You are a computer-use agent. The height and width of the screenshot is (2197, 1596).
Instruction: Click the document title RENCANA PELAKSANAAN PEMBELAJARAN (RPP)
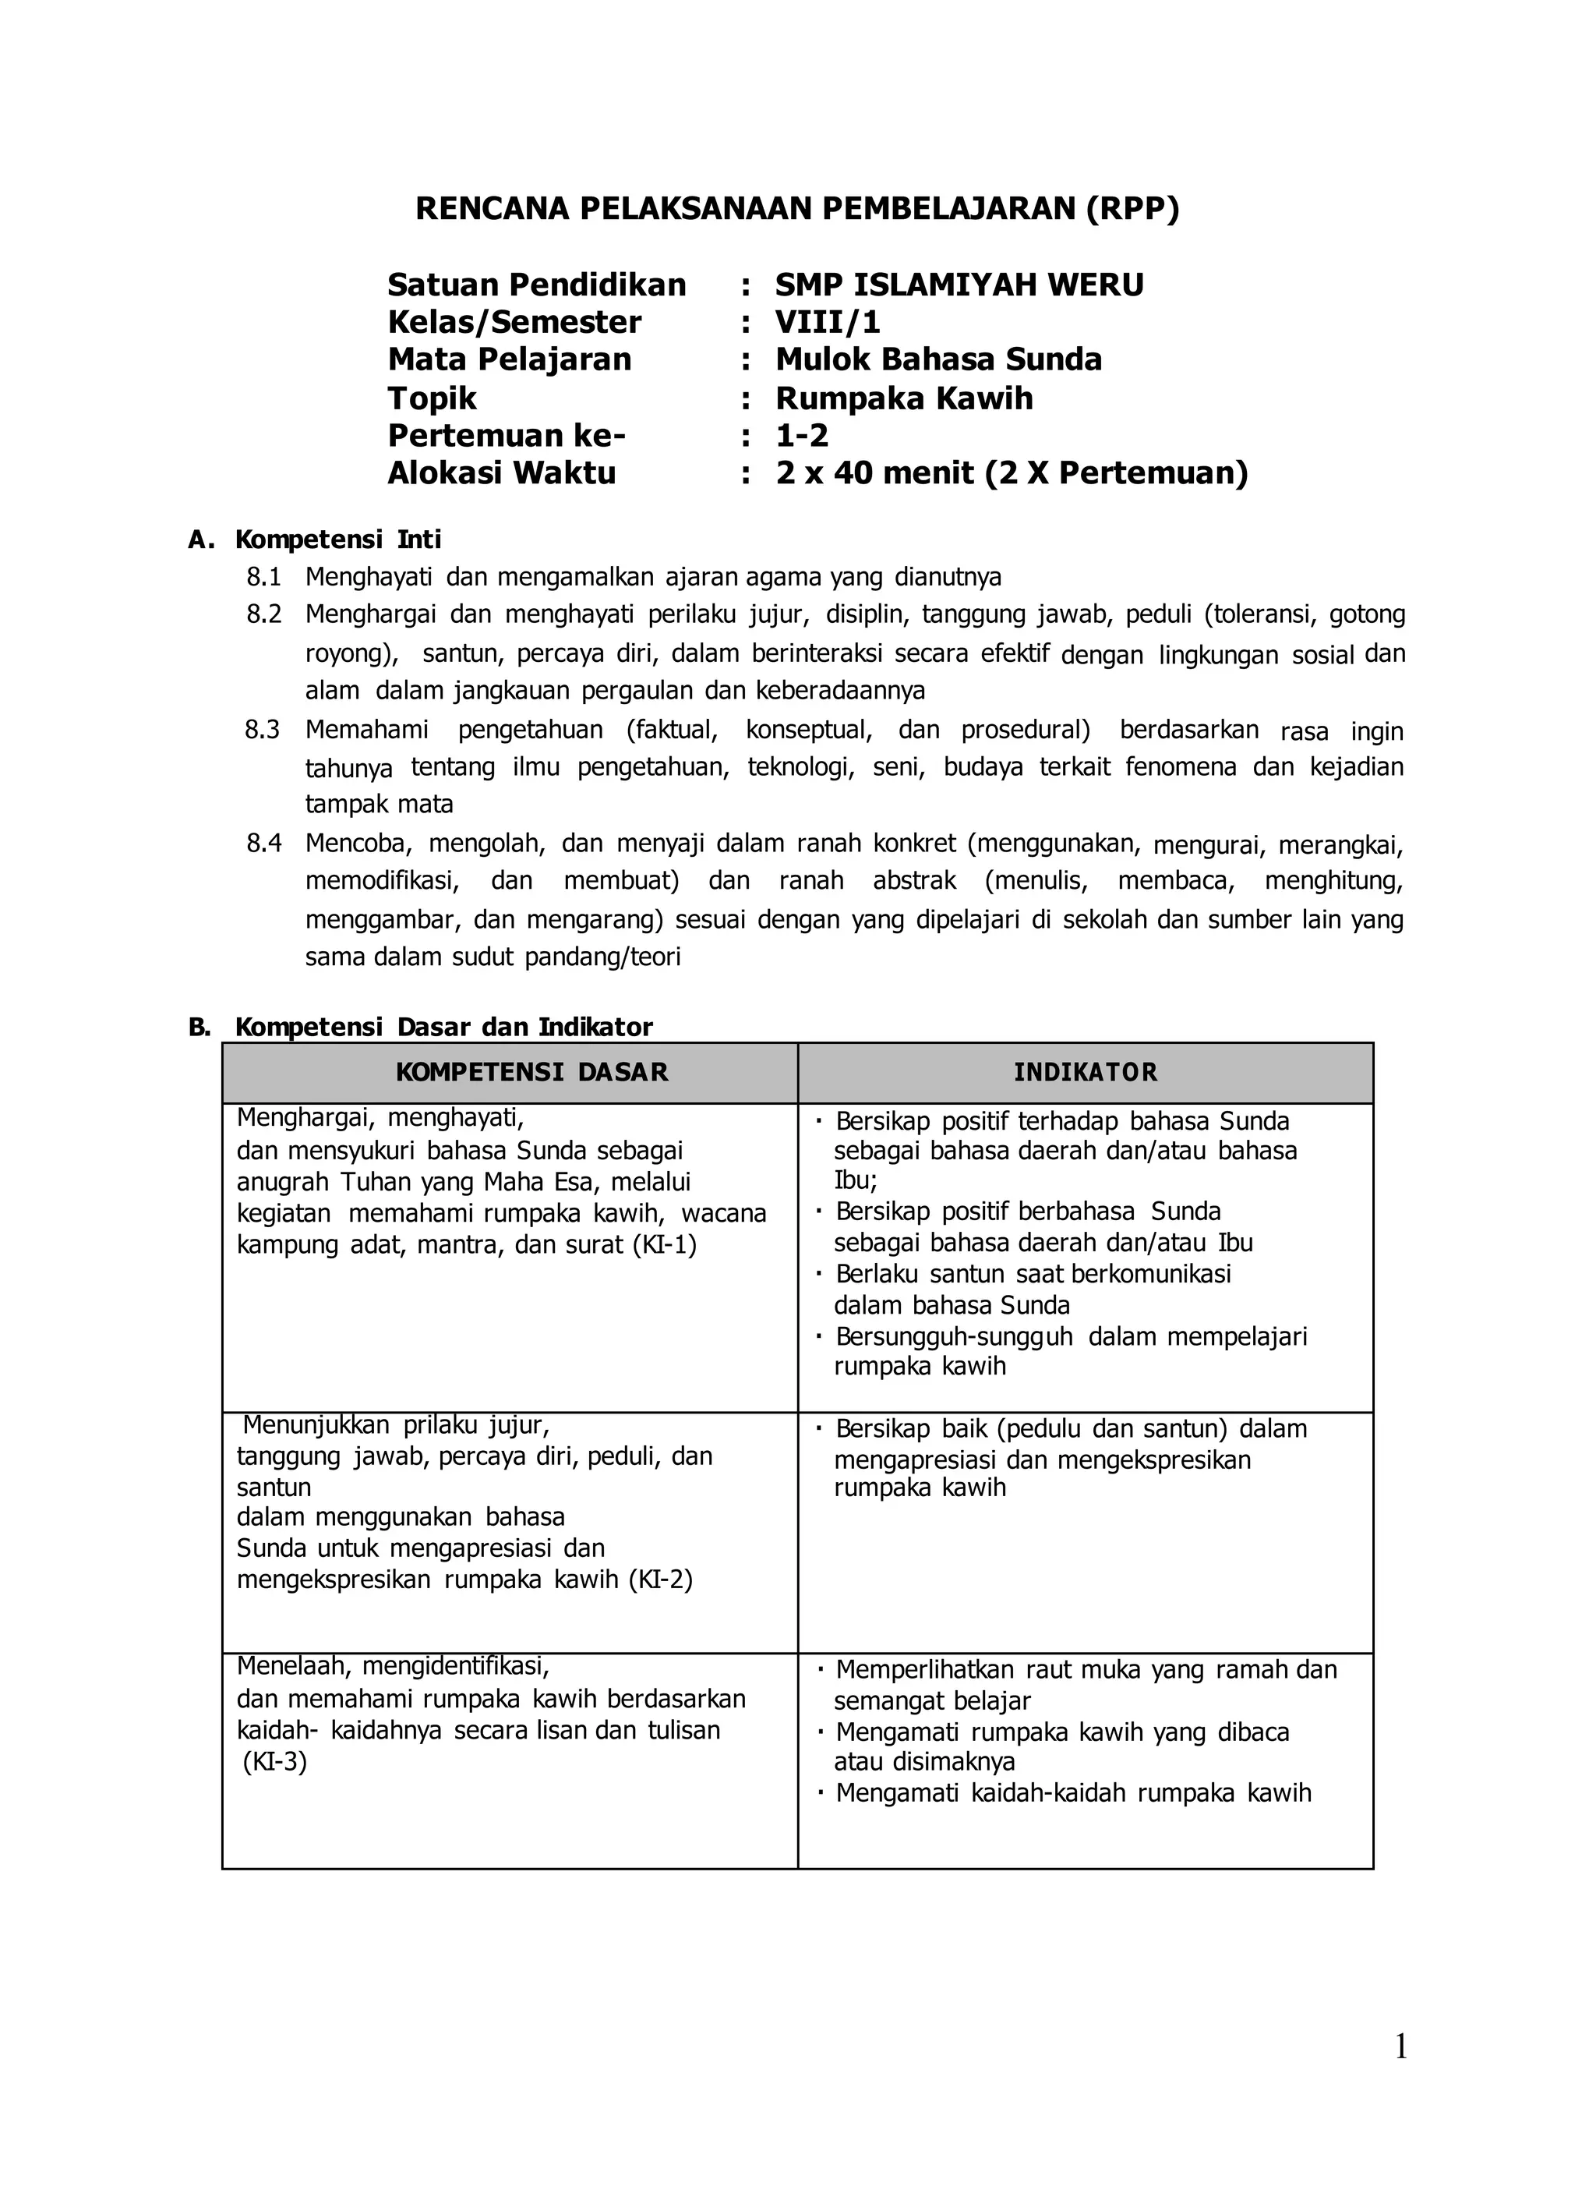pyautogui.click(x=797, y=209)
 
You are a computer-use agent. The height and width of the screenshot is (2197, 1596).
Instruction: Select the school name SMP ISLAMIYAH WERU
pyautogui.click(x=959, y=285)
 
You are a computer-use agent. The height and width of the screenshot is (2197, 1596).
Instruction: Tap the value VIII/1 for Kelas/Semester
pyautogui.click(x=827, y=322)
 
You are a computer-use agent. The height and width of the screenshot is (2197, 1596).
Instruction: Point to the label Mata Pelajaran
pyautogui.click(x=510, y=359)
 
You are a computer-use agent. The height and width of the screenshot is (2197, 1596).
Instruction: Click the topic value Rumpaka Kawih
pyautogui.click(x=903, y=398)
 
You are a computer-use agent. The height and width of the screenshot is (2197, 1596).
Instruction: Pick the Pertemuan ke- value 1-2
pyautogui.click(x=802, y=436)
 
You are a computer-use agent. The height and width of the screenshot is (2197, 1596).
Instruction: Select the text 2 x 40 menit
pyautogui.click(x=874, y=472)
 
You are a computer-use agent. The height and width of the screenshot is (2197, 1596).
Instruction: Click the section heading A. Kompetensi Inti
pyautogui.click(x=315, y=540)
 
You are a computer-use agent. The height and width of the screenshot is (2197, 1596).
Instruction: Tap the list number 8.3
pyautogui.click(x=263, y=730)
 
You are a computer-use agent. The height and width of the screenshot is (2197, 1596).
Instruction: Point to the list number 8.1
pyautogui.click(x=263, y=578)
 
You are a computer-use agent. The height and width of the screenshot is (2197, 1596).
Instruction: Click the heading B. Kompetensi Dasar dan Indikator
pyautogui.click(x=422, y=1027)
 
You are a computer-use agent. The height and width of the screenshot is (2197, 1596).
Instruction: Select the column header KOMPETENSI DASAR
pyautogui.click(x=531, y=1072)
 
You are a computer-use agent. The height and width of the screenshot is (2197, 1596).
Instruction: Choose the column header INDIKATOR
pyautogui.click(x=1085, y=1072)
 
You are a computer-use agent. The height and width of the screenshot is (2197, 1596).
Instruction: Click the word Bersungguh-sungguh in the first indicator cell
pyautogui.click(x=954, y=1337)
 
